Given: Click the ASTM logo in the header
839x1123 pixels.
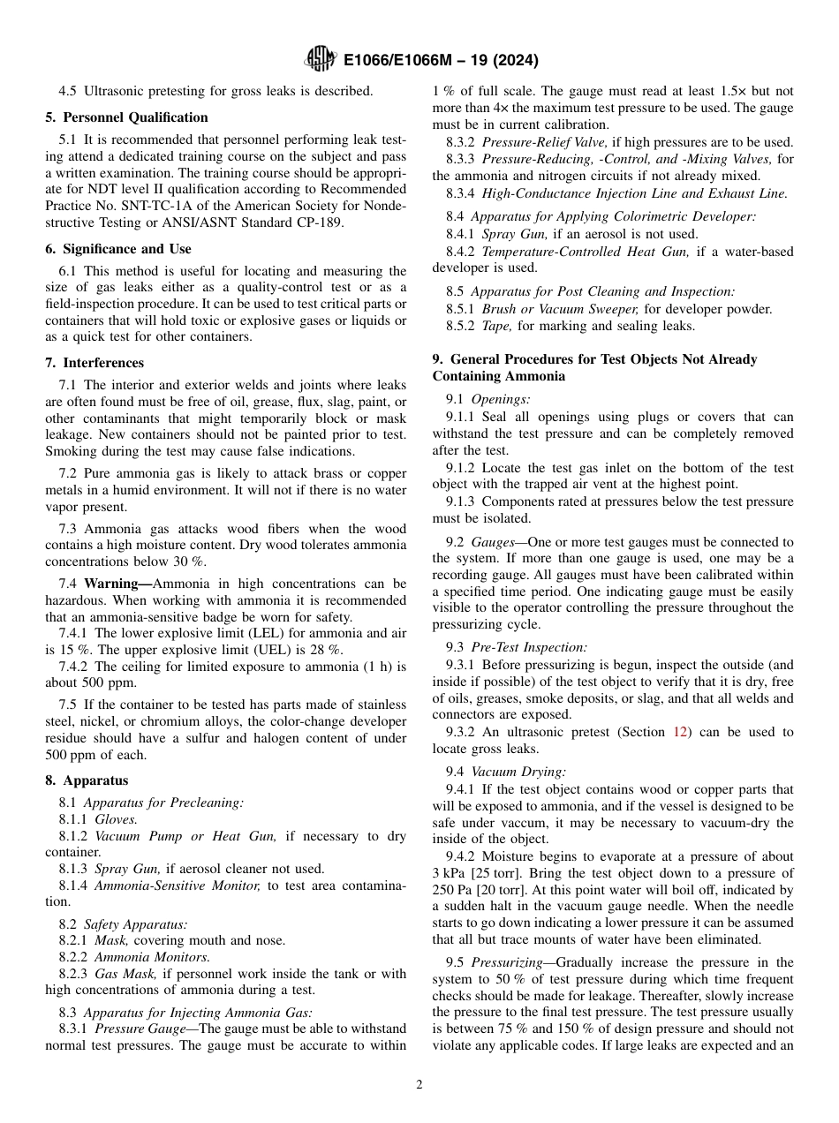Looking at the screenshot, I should click(320, 60).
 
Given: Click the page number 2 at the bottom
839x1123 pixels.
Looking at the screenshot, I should click(419, 1085).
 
